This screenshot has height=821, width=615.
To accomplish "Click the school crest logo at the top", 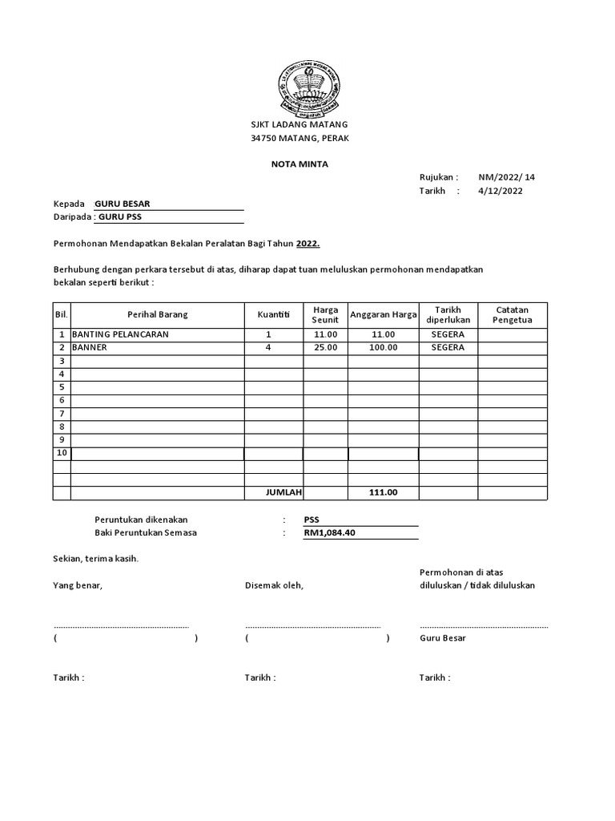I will (x=307, y=87).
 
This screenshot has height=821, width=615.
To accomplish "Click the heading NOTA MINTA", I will (x=299, y=164).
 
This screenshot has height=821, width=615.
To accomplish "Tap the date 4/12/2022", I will (x=500, y=191).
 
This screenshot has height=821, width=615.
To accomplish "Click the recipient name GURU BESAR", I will (x=123, y=204).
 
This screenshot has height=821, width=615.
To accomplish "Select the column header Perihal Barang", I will (x=157, y=315).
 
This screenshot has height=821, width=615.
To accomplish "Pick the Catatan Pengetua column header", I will (x=512, y=315).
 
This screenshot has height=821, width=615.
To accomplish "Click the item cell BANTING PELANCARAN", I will (x=120, y=334).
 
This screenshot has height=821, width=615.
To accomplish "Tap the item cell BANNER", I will (x=89, y=348).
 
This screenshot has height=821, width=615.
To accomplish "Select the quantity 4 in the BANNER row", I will (x=269, y=348).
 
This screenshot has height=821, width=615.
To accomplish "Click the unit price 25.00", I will (x=326, y=348).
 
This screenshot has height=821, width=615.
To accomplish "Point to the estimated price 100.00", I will (x=383, y=348).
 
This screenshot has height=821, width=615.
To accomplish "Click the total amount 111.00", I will (x=383, y=492).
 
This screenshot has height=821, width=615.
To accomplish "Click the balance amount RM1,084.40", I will (x=330, y=533).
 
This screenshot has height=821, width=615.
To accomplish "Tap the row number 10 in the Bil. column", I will (x=62, y=454).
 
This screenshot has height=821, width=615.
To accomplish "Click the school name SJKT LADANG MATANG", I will (x=299, y=126).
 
